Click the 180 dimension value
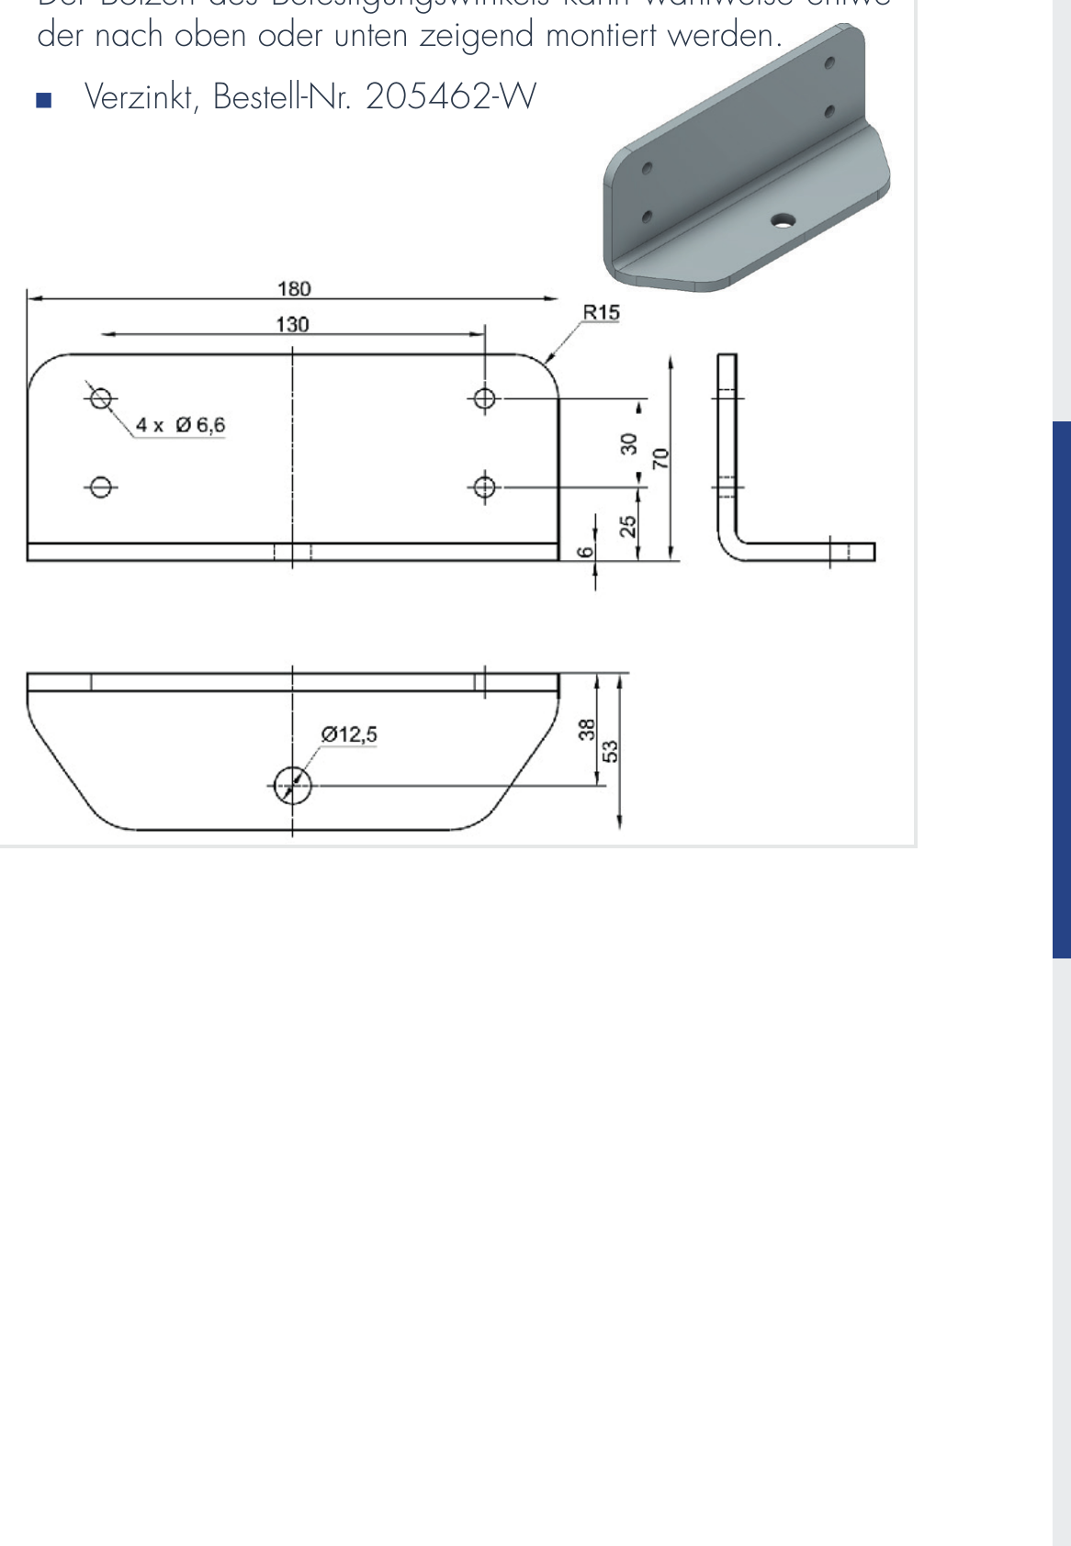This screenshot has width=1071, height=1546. click(294, 289)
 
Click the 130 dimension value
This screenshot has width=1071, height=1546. click(292, 325)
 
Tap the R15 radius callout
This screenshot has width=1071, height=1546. click(601, 313)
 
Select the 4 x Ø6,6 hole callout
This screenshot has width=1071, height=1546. click(181, 425)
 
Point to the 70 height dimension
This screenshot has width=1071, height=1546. click(660, 458)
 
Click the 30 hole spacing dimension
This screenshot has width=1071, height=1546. click(629, 444)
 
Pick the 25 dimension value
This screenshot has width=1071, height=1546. click(629, 525)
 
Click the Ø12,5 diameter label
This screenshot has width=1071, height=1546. click(349, 734)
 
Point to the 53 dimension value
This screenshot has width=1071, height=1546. click(610, 751)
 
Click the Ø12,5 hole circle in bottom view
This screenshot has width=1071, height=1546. click(293, 785)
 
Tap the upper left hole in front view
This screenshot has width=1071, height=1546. click(101, 398)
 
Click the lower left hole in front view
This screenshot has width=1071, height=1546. click(101, 487)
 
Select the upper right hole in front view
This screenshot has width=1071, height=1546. click(485, 398)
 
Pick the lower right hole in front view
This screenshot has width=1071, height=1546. click(485, 487)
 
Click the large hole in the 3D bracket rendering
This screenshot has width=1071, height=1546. click(783, 220)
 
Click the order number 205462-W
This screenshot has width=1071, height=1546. click(450, 96)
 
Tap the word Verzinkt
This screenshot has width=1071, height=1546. click(138, 96)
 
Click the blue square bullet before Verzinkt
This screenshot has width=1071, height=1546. click(42, 99)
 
